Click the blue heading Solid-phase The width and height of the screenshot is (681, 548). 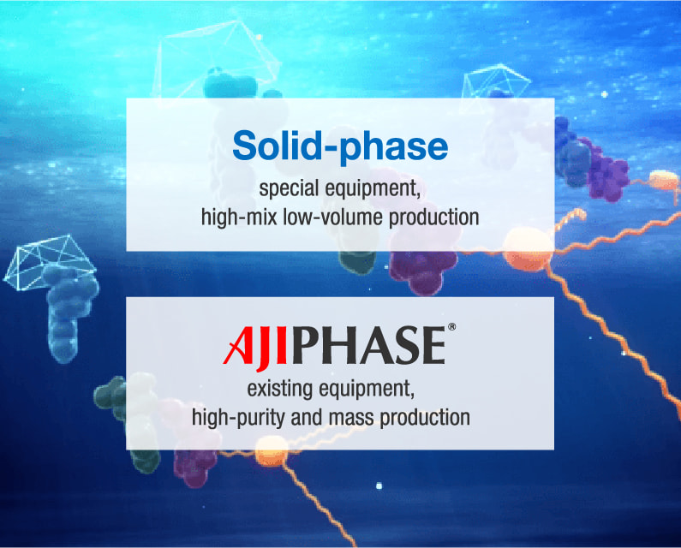[340, 146]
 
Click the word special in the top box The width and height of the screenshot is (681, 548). [289, 189]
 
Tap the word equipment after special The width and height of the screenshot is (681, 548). [373, 189]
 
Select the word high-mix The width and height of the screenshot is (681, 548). [239, 217]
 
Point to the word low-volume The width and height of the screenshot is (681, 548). [332, 217]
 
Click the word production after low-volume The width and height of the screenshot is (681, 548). [433, 217]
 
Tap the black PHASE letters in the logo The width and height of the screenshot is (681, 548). [368, 345]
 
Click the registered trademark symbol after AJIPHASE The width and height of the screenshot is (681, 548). [451, 326]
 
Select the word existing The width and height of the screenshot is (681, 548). [279, 389]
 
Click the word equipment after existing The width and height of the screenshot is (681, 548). [366, 389]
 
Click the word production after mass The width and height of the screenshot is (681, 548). [425, 417]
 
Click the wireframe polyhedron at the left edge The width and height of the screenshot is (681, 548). [49, 263]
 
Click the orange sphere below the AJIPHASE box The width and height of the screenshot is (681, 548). [272, 451]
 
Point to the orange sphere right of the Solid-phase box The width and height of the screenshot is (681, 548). [663, 180]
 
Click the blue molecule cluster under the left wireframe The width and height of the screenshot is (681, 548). [69, 311]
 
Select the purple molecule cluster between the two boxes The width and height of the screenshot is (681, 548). [422, 268]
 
